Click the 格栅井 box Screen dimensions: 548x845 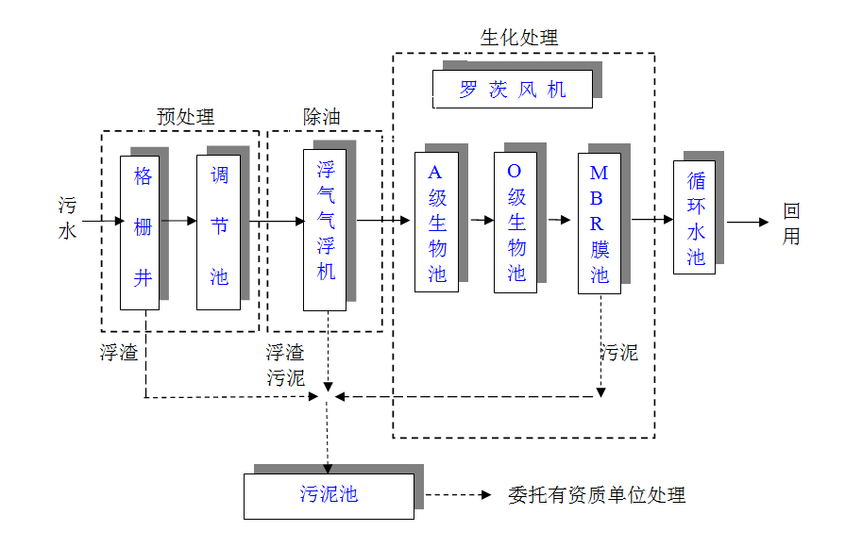pos(140,232)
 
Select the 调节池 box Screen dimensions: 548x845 pos(218,232)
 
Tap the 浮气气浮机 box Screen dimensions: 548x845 pos(325,229)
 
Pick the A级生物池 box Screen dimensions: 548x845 pos(436,223)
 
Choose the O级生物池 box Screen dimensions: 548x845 pos(515,223)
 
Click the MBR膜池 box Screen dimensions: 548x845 pos(600,223)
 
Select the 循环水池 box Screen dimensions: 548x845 pos(694,218)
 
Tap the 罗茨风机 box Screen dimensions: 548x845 pos(513,90)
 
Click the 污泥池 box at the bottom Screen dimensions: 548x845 pos(329,495)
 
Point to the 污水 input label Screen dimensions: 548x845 pos(68,218)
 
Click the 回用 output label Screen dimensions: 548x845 pos(791,224)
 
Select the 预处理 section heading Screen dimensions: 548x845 pos(185,117)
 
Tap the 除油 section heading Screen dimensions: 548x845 pos(321,117)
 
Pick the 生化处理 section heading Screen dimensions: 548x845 pos(519,38)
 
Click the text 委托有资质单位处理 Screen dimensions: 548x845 pos(597,495)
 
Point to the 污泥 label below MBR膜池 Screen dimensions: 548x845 pos(619,353)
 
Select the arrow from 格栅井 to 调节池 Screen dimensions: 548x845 pos(177,221)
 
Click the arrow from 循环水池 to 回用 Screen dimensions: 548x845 pos(748,223)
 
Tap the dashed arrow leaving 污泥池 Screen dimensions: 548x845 pos(457,495)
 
